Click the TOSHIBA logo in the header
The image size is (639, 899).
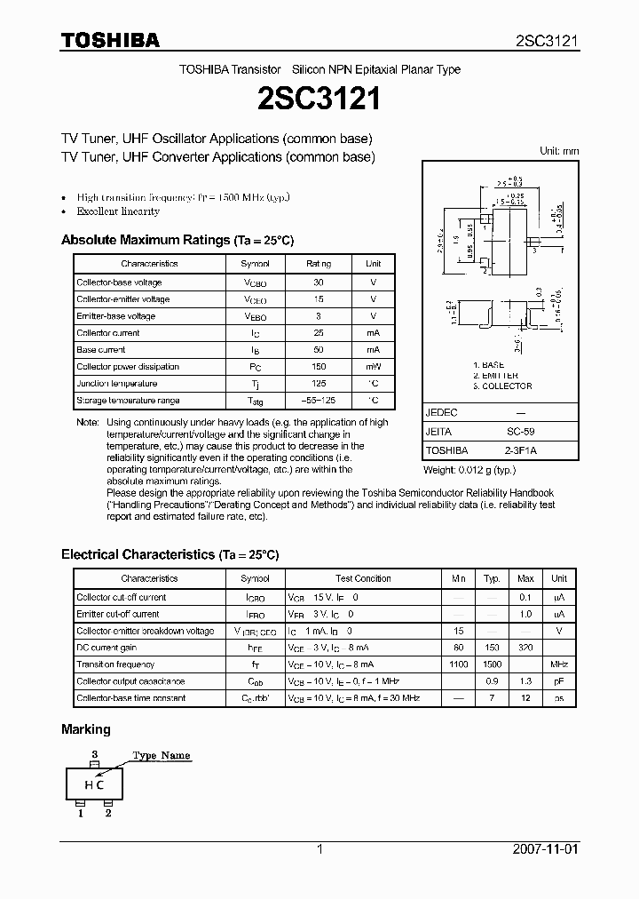[110, 40]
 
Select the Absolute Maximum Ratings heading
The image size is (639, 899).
[177, 241]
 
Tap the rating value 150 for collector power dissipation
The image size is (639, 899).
[319, 367]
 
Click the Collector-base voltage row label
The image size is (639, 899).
[119, 282]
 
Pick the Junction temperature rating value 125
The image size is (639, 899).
[319, 384]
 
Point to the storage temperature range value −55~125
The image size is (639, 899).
[319, 401]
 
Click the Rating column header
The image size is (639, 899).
[319, 264]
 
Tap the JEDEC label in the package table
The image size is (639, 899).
[441, 413]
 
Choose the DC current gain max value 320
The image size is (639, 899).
[525, 648]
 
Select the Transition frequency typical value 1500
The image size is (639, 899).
[492, 664]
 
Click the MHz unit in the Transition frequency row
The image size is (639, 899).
[558, 664]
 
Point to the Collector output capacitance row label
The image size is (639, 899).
[130, 681]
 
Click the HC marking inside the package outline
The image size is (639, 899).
[94, 784]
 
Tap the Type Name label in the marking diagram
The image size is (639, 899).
[162, 756]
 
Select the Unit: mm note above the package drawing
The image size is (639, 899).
[559, 151]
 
